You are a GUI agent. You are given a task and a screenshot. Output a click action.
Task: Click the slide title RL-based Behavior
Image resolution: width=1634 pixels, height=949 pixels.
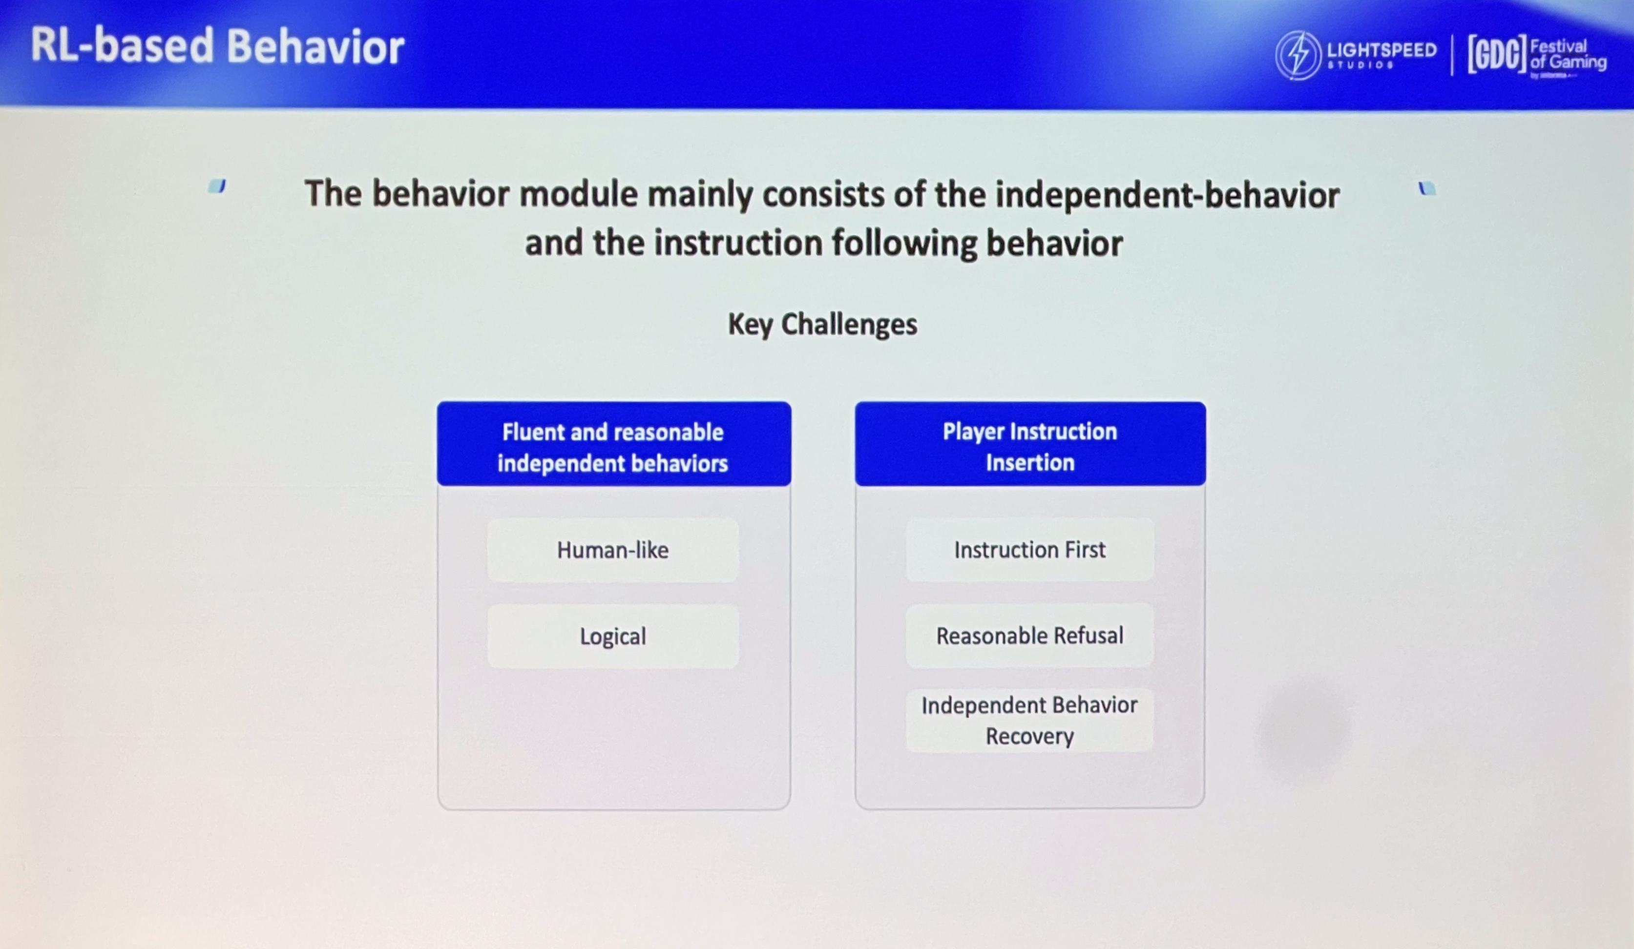217,47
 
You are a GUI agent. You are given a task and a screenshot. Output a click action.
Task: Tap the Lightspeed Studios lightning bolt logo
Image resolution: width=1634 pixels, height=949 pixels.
1298,56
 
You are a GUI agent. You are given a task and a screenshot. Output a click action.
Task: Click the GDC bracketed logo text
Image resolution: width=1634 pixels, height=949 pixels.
1497,55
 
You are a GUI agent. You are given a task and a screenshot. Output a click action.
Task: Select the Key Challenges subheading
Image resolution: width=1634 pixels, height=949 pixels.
822,324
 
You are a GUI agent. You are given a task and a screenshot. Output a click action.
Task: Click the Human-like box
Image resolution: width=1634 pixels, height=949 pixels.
613,550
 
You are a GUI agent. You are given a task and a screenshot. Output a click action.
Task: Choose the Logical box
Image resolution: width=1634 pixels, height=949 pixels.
613,636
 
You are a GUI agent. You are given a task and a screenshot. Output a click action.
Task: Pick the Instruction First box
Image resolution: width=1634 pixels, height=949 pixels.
1030,549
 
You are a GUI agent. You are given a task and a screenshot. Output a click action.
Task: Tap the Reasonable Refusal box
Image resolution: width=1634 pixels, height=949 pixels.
1030,635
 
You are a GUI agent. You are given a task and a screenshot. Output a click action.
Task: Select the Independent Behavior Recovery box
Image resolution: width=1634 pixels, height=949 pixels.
1030,720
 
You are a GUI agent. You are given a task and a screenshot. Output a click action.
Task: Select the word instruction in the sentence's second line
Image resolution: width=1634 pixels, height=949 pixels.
738,243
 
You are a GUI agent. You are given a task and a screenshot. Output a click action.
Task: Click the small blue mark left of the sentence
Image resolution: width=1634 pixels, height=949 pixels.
217,186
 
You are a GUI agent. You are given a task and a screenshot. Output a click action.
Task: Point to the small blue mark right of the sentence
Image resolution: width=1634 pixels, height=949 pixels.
1426,188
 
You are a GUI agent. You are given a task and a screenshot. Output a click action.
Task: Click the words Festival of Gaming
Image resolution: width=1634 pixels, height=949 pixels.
1568,55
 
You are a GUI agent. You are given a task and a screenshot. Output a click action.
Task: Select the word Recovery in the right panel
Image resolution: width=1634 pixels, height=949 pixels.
1030,736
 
